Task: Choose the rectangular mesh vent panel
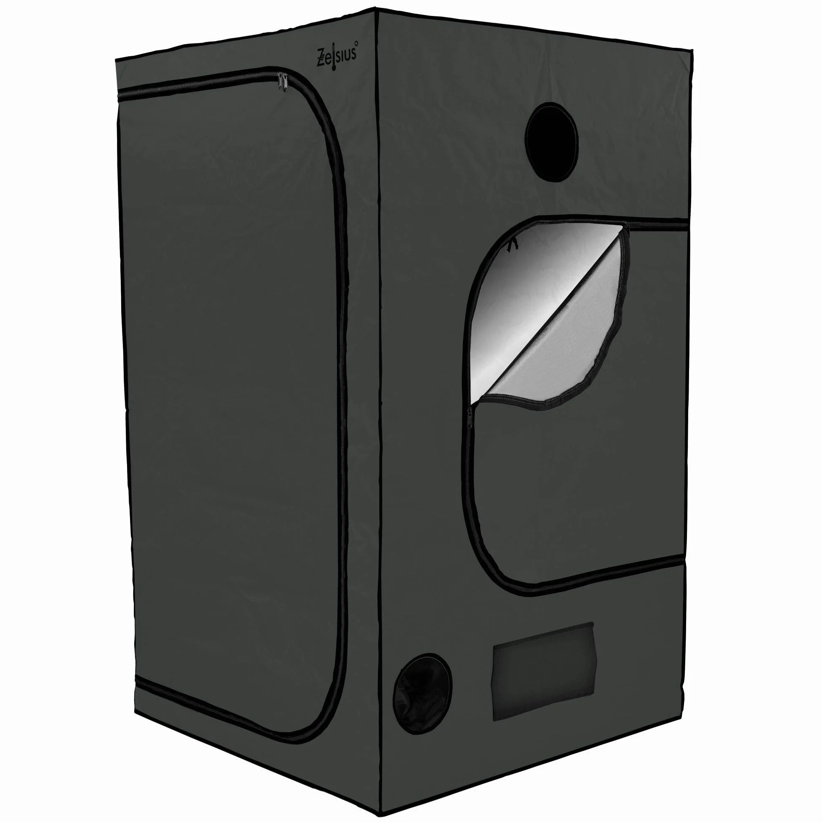pos(543,671)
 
